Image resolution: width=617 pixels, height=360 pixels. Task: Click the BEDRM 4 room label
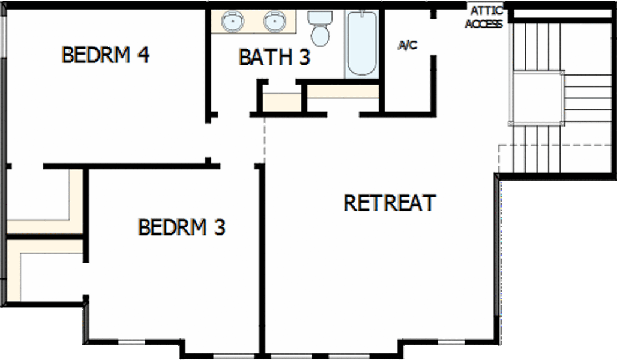point(106,55)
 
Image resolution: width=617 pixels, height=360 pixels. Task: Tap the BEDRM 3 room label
point(181,227)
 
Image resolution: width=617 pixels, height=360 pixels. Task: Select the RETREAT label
point(390,203)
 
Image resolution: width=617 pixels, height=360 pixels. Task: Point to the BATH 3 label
point(274,57)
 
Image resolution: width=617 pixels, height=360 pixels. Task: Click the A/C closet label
point(408,45)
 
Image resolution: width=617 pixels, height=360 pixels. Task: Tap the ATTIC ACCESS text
point(485,17)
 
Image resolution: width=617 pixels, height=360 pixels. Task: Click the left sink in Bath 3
point(232,20)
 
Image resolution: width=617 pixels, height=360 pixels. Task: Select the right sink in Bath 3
point(275,20)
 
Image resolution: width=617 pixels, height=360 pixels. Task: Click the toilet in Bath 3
point(320,28)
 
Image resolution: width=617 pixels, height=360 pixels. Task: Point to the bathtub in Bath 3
point(362,43)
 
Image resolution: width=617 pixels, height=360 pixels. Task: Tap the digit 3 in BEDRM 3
point(220,227)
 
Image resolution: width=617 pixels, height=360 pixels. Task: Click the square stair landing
point(538,98)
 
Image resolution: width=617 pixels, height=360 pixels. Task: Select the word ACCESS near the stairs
point(484,24)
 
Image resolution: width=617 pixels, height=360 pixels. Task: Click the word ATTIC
point(487,11)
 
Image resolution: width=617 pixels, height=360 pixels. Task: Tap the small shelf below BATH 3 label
point(282,102)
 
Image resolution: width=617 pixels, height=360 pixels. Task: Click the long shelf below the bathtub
point(343,91)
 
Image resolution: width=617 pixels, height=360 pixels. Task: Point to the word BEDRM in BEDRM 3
point(172,227)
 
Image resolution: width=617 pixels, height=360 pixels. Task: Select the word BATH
point(266,57)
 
